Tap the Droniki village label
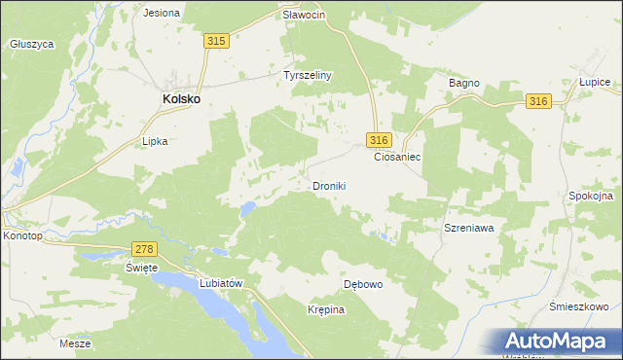(329, 185)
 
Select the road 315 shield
(216, 40)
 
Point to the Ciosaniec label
(397, 156)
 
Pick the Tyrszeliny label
(308, 75)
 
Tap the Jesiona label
(162, 13)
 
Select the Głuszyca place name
(31, 44)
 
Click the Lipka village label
(156, 141)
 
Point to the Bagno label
(464, 84)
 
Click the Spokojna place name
(590, 196)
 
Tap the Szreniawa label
(469, 227)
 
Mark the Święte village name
(141, 268)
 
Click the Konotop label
(22, 235)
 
